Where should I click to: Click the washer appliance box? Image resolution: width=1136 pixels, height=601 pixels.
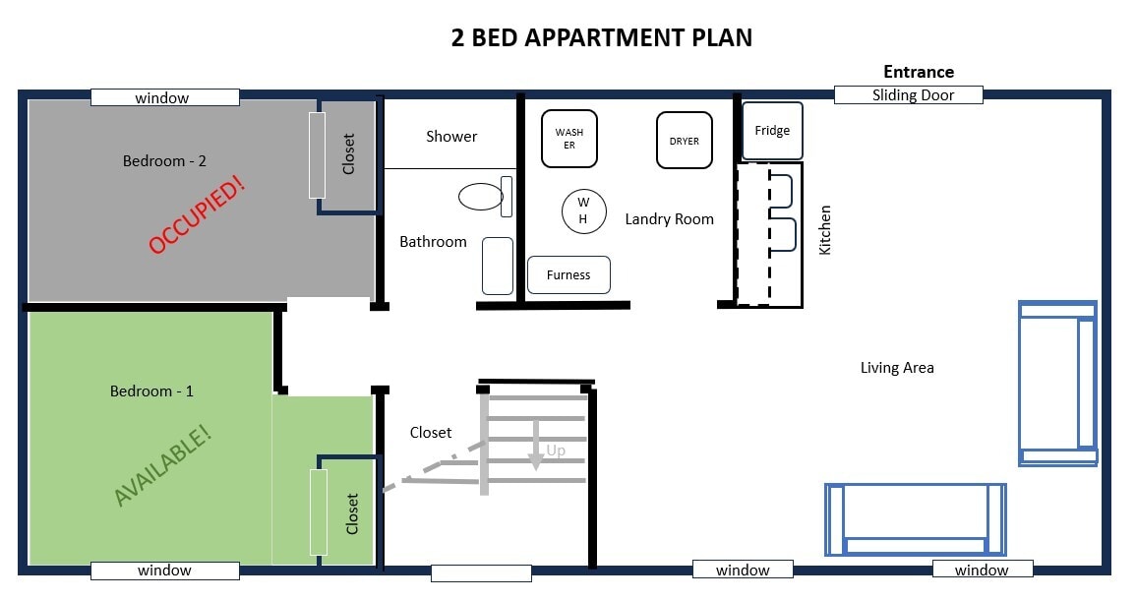pos(569,139)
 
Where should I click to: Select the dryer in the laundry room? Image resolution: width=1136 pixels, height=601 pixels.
pos(685,141)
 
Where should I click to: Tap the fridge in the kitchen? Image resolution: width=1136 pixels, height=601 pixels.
pos(772,131)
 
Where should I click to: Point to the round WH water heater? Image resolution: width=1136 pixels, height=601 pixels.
pos(584,210)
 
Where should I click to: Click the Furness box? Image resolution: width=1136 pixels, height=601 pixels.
pos(568,274)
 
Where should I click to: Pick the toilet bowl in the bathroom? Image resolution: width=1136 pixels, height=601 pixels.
pos(481,197)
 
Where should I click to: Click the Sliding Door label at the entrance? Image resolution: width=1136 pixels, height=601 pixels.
pos(913,95)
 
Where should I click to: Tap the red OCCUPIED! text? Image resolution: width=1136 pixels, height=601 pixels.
pos(197,214)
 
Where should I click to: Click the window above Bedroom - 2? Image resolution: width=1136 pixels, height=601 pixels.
pos(165,97)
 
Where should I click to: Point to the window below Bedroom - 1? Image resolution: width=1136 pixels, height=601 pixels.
pos(165,571)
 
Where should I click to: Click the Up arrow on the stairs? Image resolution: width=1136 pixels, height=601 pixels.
pos(535,445)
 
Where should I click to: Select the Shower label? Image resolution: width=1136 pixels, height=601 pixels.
pos(451,137)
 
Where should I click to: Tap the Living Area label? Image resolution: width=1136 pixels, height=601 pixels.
pos(897,368)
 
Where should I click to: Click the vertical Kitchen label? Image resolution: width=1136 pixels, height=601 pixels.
pos(824,230)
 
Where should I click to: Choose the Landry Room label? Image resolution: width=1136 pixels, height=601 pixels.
pos(670,219)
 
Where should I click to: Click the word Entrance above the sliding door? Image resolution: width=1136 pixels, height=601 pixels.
pos(919,72)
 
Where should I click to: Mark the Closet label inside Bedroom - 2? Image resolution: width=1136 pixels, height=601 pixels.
pos(348,153)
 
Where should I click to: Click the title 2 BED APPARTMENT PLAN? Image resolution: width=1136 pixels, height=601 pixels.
pos(601,37)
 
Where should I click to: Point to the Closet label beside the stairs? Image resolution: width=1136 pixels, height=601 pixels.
pos(431,432)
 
